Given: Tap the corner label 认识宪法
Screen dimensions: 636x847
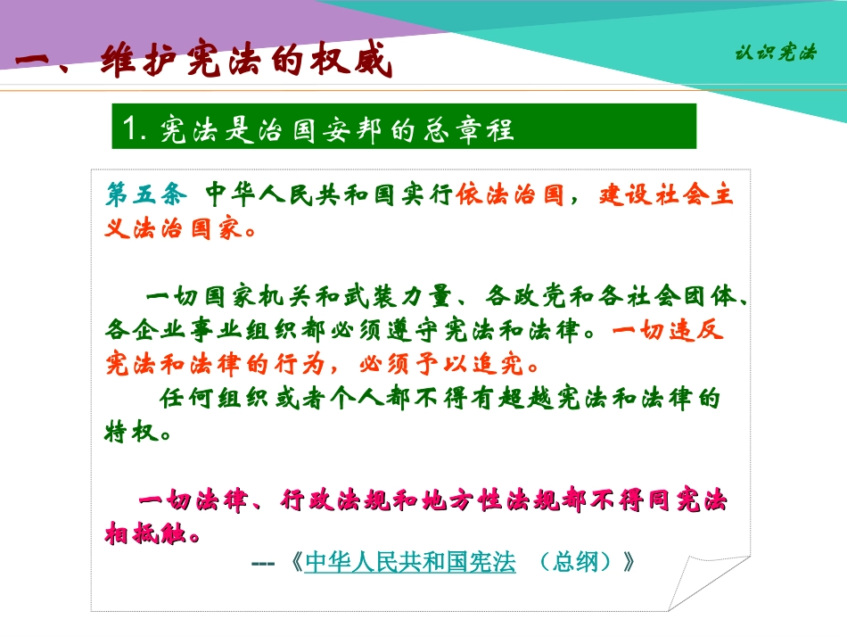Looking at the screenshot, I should click(775, 53).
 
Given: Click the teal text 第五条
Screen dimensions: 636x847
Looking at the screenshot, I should click(143, 194).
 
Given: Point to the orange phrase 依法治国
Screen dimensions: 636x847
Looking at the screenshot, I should click(511, 194).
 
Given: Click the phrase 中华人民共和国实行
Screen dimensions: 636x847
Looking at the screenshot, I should click(330, 194).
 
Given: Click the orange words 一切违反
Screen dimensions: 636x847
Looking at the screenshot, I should click(668, 330).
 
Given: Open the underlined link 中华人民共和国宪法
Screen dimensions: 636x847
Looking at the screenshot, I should click(410, 563).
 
